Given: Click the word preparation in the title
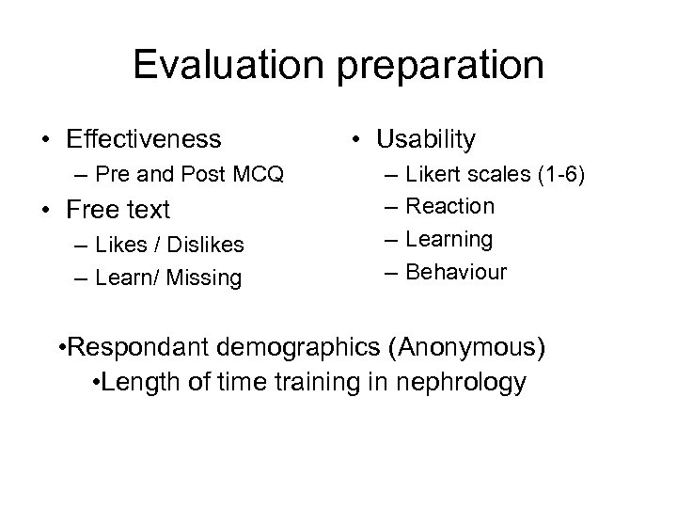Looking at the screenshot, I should [x=440, y=67].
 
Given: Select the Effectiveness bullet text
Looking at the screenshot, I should [x=144, y=139].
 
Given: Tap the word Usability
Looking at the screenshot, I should [x=426, y=139].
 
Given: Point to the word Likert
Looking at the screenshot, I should [x=438, y=174].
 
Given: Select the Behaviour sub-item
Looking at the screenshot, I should [x=458, y=273].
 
